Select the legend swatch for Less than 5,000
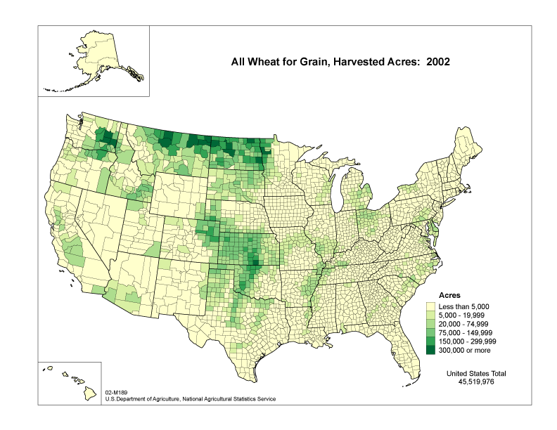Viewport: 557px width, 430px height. click(x=431, y=307)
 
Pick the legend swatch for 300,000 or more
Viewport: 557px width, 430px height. click(x=431, y=349)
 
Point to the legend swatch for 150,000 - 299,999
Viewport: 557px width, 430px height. click(x=431, y=341)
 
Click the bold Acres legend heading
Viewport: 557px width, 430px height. click(x=449, y=297)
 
